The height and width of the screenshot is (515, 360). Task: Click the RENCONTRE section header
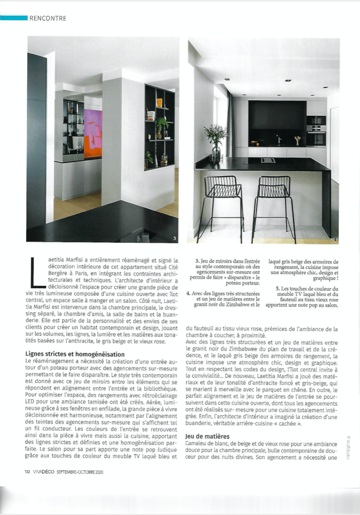coord(48,19)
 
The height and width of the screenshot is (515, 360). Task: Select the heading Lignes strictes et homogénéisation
coord(75,354)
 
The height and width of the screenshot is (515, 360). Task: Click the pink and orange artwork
coord(92,134)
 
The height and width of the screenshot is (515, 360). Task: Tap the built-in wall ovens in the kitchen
coord(316,130)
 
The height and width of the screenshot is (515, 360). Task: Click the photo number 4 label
coord(334,239)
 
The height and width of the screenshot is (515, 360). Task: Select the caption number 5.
coord(277,287)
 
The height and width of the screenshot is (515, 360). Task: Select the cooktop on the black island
coord(268,160)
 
